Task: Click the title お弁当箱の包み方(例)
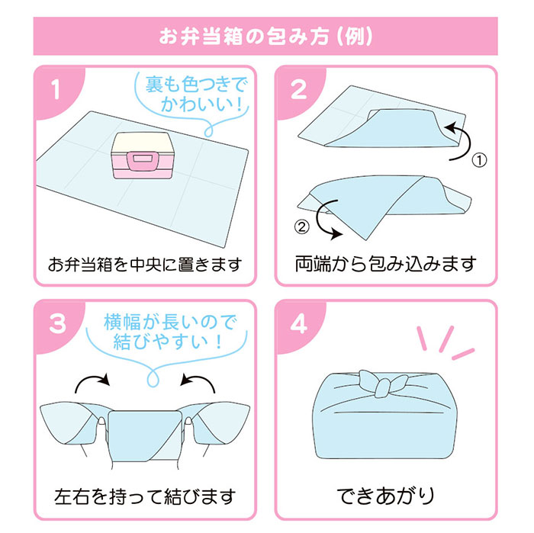coord(265,36)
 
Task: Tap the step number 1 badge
coord(56,90)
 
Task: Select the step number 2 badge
coord(298,90)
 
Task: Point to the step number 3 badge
coord(57,323)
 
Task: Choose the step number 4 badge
coord(298,323)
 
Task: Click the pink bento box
coord(141,156)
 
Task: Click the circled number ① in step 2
coord(479,160)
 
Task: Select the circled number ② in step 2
coord(302,226)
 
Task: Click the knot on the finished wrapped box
coord(383,384)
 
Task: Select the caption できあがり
coord(386,496)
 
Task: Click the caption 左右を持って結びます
coord(145,496)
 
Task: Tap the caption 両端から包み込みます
coord(385,264)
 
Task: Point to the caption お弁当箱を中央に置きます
coord(145,265)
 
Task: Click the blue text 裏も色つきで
coord(195,85)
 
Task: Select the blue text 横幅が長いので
coord(169,322)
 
